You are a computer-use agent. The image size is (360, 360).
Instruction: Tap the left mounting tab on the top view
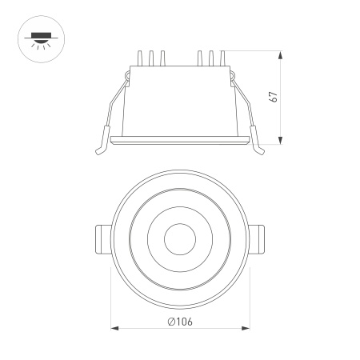[102, 238]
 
